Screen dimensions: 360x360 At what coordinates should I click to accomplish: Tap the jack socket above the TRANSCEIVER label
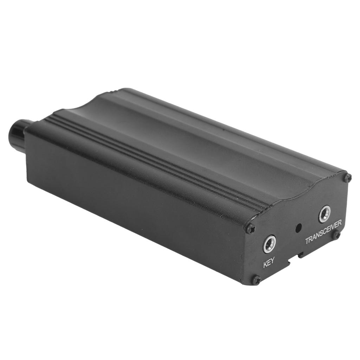[324, 214]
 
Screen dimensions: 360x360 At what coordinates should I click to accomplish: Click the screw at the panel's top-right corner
[348, 178]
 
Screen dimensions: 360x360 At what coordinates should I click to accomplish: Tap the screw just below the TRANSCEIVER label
[336, 234]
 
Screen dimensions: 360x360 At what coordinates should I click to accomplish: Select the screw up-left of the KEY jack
[250, 229]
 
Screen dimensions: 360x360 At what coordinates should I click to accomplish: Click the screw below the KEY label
[256, 280]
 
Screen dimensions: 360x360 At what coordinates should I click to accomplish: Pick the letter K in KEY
[265, 264]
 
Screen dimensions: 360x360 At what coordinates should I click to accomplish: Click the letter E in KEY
[269, 263]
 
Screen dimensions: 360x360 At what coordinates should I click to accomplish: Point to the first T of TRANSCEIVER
[307, 241]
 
